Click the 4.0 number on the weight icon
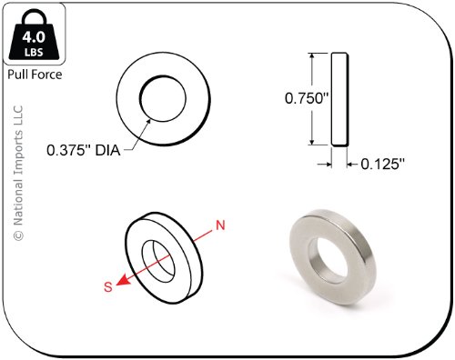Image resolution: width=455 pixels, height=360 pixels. coord(34,37)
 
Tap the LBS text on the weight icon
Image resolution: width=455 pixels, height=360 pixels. coord(34,53)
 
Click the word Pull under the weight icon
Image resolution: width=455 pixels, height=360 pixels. coord(17,75)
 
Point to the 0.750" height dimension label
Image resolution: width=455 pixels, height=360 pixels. coord(307,98)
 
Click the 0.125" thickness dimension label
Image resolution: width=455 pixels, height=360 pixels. coord(383,164)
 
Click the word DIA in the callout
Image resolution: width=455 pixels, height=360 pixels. coord(107,150)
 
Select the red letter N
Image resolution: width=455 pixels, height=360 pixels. coord(220,225)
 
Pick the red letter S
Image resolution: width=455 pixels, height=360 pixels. coord(108,286)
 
